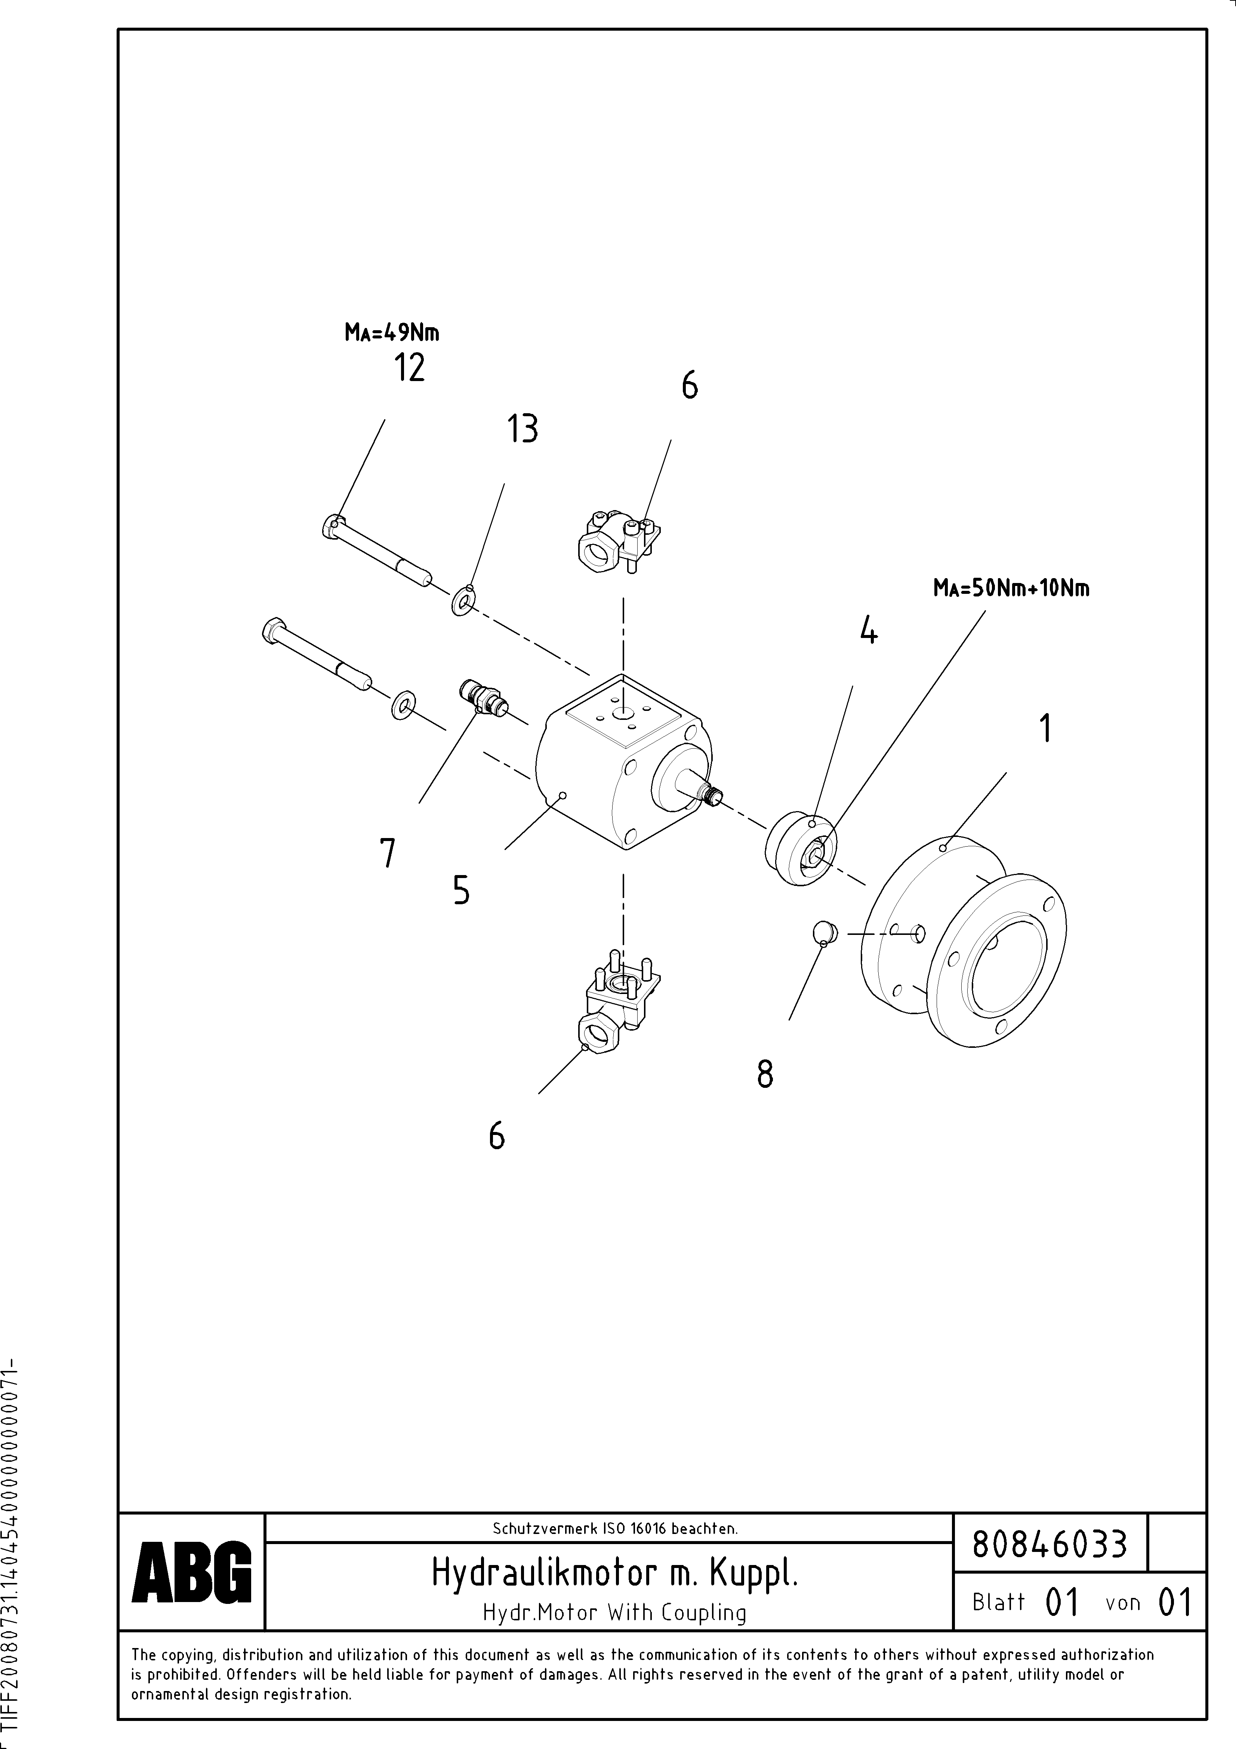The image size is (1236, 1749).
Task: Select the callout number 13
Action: (523, 429)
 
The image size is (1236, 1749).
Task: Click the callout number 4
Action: (868, 631)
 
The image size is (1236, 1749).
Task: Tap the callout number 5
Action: (461, 890)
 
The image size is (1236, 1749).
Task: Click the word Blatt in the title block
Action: (998, 1602)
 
